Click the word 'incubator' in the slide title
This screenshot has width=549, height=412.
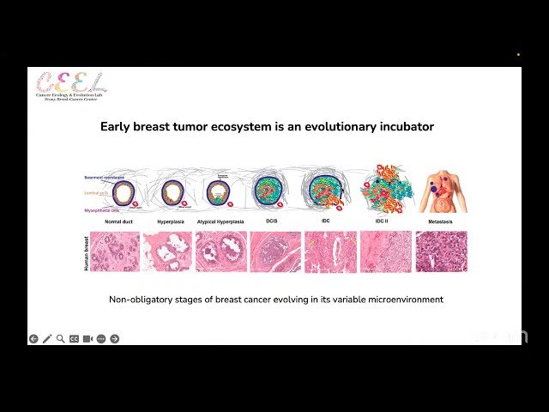point(404,127)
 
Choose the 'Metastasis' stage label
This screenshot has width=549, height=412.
point(442,221)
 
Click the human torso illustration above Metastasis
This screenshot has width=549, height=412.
point(443,191)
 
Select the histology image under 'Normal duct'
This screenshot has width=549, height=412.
point(115,251)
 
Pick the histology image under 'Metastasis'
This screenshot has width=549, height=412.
point(442,251)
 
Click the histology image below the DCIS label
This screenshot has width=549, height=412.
point(274,251)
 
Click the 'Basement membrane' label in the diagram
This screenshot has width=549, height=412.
point(105,177)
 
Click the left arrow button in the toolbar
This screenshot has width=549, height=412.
point(33,339)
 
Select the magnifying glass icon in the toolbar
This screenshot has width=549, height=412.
point(60,339)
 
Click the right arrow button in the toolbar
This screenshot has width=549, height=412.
point(115,339)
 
